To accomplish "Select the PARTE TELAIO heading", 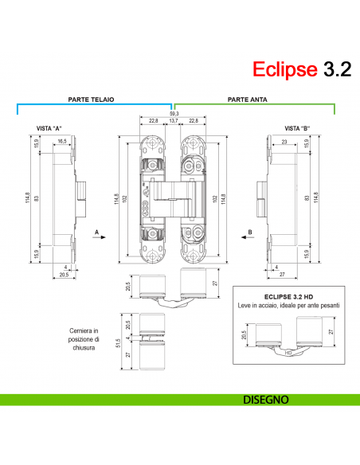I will [92, 100].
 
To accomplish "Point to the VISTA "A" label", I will [49, 128].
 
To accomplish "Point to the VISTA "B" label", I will [297, 128].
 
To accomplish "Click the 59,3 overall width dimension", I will [173, 114].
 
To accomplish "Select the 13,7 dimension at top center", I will [173, 122].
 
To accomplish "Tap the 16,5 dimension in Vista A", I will [61, 141].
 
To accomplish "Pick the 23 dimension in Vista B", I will [283, 141].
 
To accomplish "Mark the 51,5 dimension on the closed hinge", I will [117, 342].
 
